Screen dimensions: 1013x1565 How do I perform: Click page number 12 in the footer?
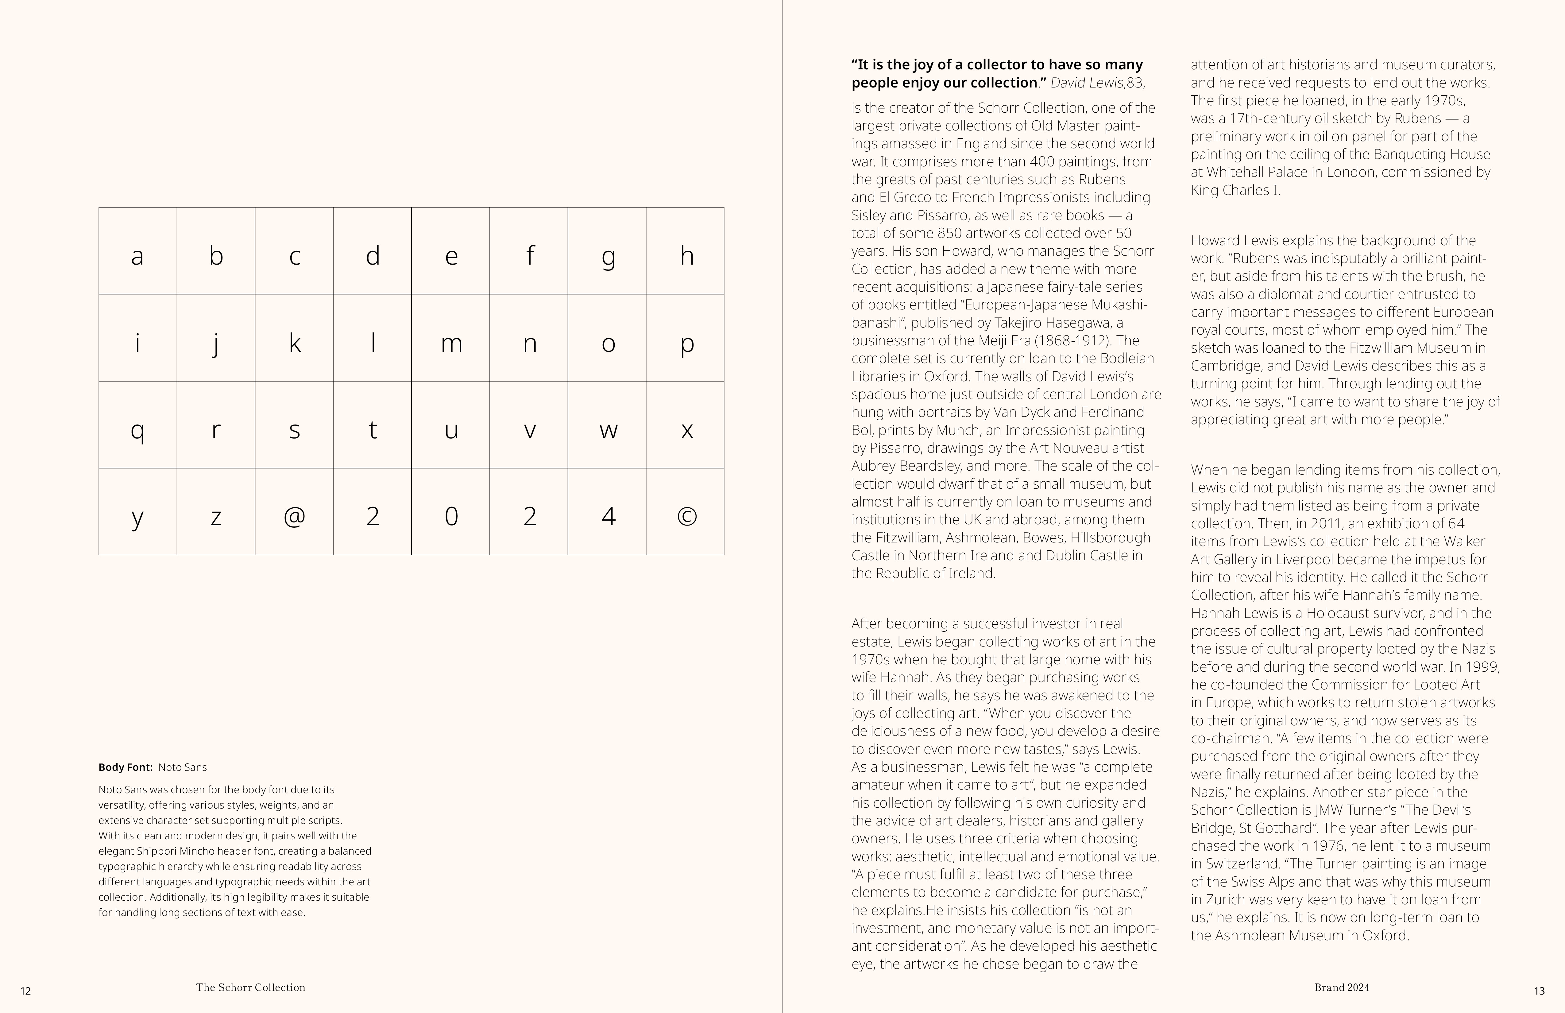[x=26, y=991]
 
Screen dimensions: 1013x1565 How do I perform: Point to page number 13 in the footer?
[x=1539, y=991]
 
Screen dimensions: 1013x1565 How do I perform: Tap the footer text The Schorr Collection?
[x=250, y=987]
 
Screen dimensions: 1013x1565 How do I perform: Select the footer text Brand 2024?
[x=1341, y=987]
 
